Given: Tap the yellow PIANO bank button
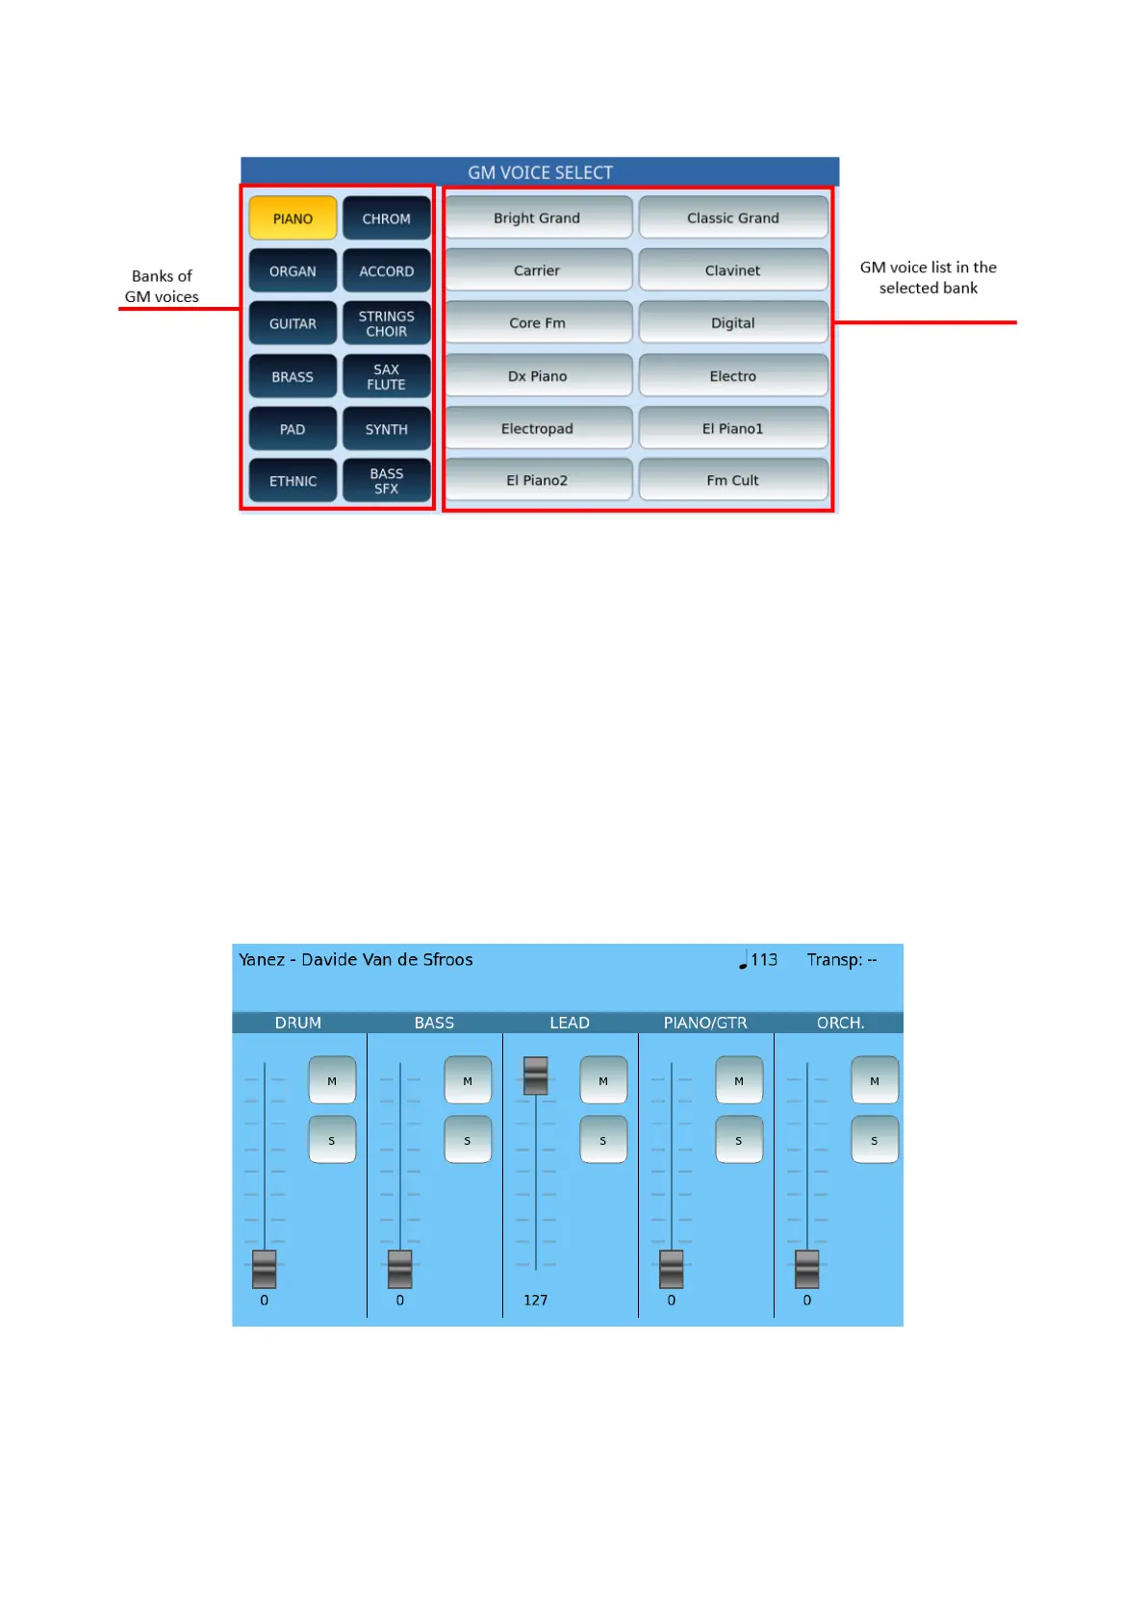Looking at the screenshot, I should click(293, 218).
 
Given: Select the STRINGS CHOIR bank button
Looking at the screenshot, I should click(386, 323).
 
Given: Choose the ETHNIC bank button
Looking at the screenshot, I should click(293, 481).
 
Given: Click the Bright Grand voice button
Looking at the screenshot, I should click(537, 218).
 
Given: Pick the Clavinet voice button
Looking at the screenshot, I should click(732, 270).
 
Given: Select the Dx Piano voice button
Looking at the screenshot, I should click(537, 376).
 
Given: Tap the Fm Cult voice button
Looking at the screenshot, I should click(732, 480).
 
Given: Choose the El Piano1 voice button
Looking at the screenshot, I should click(732, 428).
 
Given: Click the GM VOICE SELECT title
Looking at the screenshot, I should click(540, 172).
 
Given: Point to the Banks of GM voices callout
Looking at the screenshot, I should click(162, 287).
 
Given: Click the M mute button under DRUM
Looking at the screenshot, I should click(332, 1080).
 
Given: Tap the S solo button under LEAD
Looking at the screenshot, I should click(603, 1140).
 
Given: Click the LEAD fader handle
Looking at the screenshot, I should click(535, 1076).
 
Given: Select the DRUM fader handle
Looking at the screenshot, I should click(264, 1269).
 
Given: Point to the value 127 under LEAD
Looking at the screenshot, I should click(535, 1300).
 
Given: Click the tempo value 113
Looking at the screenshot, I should click(763, 959).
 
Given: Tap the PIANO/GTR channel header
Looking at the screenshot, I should click(705, 1023).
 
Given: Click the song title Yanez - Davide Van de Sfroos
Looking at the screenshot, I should click(356, 959).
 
